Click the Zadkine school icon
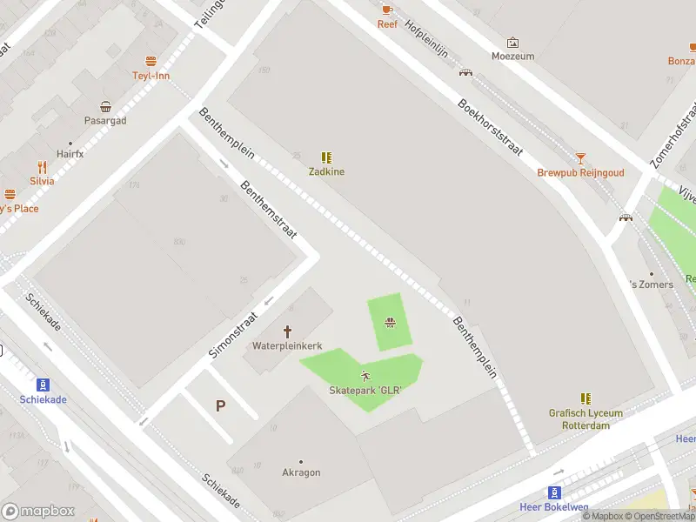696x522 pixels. click(x=326, y=157)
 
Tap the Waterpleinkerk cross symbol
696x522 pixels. click(x=287, y=331)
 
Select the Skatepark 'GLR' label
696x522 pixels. click(x=365, y=391)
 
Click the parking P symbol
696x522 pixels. click(x=220, y=405)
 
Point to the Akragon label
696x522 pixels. click(x=301, y=472)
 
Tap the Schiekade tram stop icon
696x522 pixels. click(x=42, y=385)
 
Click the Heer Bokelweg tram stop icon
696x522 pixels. click(x=554, y=492)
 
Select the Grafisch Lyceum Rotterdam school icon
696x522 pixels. click(x=586, y=398)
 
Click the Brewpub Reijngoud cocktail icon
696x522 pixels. click(x=580, y=157)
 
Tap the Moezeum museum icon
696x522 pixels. click(x=512, y=42)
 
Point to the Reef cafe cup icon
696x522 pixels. click(x=387, y=10)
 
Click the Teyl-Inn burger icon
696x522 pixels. click(x=151, y=61)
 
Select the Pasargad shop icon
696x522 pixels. click(x=105, y=106)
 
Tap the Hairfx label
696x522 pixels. click(x=70, y=154)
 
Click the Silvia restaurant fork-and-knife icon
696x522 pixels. click(x=42, y=166)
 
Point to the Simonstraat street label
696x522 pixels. click(x=234, y=336)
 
